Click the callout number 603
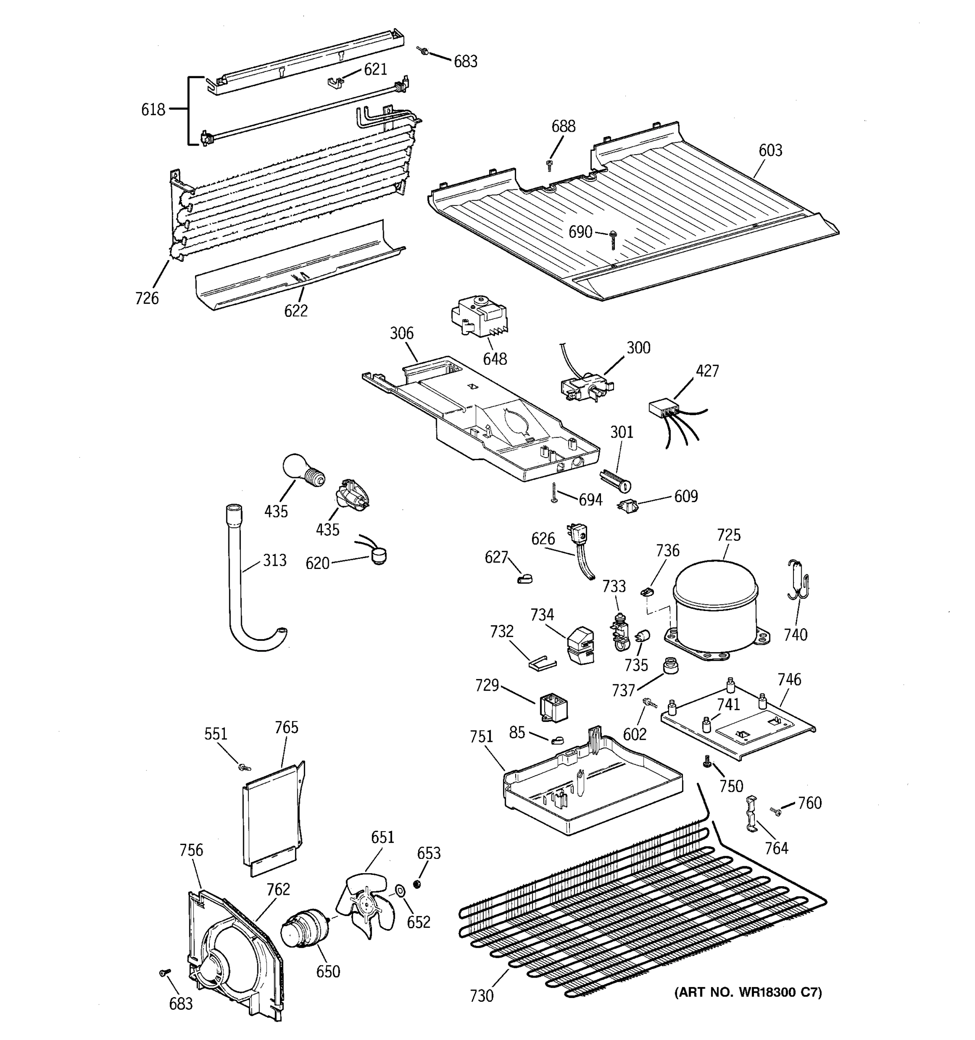point(770,151)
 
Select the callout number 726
point(146,298)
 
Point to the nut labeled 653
point(417,884)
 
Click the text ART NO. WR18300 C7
point(747,992)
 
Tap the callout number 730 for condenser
point(481,996)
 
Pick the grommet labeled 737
point(669,666)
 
